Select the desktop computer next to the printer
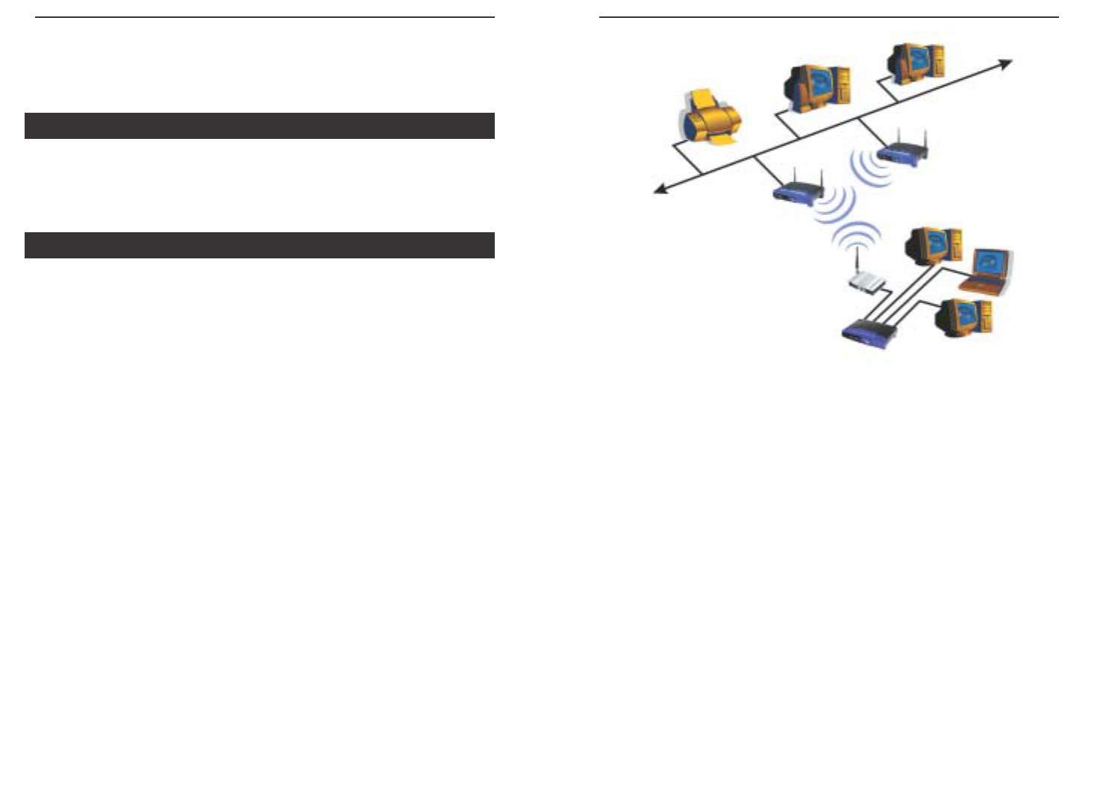click(x=816, y=88)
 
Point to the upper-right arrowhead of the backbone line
click(x=1007, y=63)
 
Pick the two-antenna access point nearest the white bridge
click(x=798, y=193)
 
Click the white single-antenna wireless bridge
click(x=866, y=282)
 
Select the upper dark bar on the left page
click(x=259, y=125)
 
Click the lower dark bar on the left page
click(x=259, y=245)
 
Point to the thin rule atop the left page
click(x=264, y=17)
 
